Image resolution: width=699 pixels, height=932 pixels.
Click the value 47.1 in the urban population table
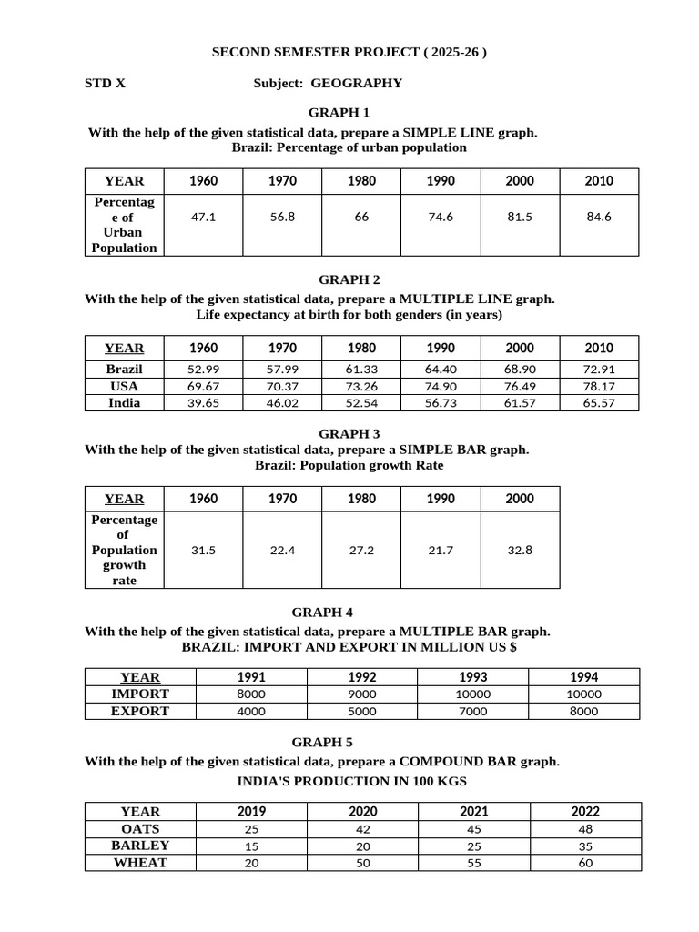coord(203,218)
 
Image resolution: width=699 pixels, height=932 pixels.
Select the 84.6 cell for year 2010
coord(598,218)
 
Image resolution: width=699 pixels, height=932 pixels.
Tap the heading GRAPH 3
coord(349,434)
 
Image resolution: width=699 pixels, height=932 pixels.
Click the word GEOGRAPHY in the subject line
coord(356,83)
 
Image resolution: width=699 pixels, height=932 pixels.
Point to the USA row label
coord(124,386)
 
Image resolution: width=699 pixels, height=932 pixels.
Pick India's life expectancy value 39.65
coord(203,403)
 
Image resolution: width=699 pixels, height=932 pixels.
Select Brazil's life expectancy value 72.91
coord(598,370)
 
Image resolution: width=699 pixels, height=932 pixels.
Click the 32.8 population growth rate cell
coord(520,551)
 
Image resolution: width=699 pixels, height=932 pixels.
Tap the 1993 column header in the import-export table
coord(473,677)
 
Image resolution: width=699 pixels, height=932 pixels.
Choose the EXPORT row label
coord(140,711)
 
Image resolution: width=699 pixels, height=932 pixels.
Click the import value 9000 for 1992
coord(362,694)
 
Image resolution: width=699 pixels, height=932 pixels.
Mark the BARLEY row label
coord(140,846)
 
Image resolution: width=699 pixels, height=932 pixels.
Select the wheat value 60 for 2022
coord(585,863)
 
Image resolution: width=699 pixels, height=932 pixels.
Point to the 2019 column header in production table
coord(251,811)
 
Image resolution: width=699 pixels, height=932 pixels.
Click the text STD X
coord(106,83)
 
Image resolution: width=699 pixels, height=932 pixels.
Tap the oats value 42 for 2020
coord(362,829)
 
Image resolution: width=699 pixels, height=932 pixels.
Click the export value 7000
coord(473,712)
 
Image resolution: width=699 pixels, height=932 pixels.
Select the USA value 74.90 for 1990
coord(441,386)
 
